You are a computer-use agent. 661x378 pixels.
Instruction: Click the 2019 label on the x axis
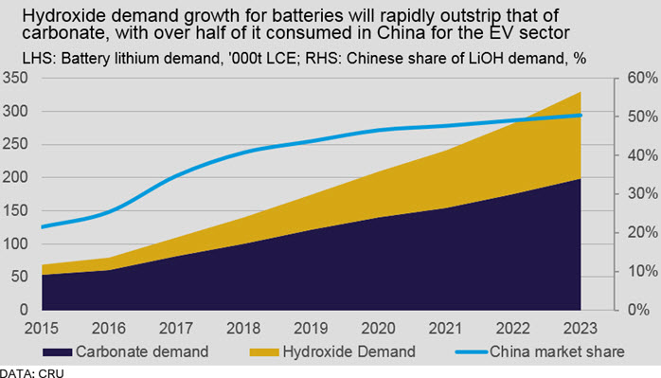pos(311,328)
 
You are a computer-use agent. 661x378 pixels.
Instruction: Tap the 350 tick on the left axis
pos(15,78)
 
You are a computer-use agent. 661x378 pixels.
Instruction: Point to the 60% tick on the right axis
pos(642,78)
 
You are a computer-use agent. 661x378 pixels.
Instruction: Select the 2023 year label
pos(581,328)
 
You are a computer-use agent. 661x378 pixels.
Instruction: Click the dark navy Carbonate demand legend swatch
pos(58,351)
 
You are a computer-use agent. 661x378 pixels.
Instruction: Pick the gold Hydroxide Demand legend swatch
pos(264,351)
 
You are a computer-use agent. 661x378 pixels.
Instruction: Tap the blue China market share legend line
pos(472,351)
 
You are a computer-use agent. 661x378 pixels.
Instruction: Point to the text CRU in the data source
pos(50,373)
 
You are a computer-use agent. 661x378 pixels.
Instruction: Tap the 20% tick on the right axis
pos(642,232)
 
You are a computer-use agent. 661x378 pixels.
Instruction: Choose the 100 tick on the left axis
pos(15,243)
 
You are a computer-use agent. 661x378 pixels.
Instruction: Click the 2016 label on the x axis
pos(109,328)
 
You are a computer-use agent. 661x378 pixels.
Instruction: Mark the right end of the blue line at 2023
pos(581,116)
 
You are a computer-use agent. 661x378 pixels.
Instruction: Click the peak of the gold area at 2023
pos(581,92)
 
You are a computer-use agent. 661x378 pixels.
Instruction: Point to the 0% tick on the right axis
pos(638,310)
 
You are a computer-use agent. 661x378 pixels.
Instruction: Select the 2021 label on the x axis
pos(446,328)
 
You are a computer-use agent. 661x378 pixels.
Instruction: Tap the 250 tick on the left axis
pos(15,144)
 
